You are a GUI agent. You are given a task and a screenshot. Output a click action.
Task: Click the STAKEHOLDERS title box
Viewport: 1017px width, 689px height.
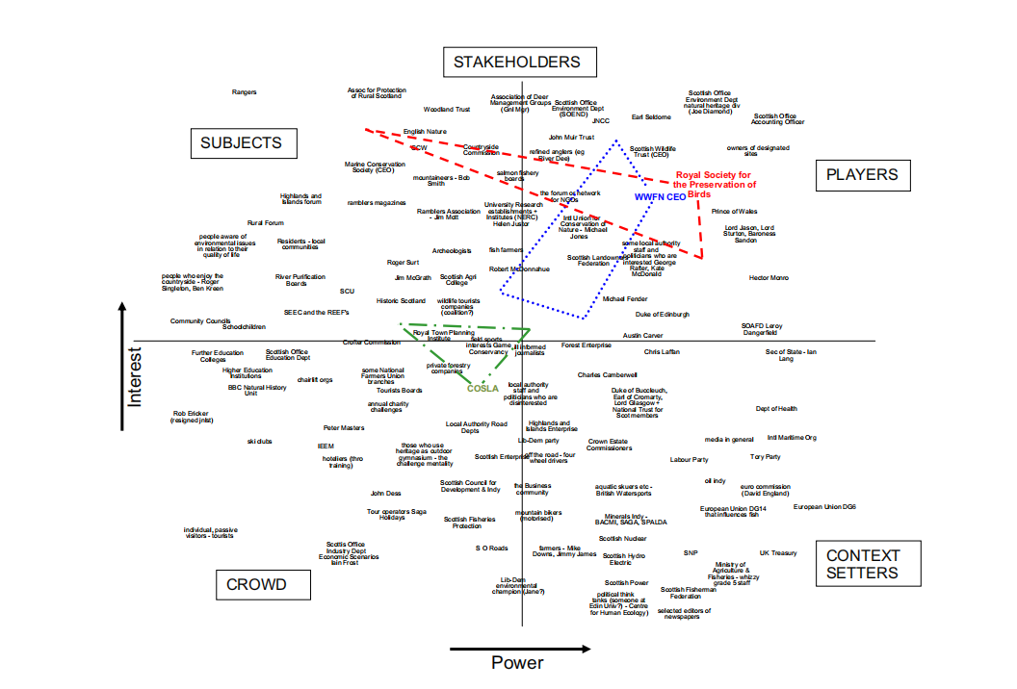tap(517, 63)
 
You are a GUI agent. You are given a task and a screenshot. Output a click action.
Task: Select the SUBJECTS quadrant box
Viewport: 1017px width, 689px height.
tap(242, 143)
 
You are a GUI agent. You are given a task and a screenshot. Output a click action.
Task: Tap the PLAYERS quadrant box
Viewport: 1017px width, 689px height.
tap(862, 174)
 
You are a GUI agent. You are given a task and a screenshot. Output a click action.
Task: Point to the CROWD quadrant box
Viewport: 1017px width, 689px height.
tap(256, 584)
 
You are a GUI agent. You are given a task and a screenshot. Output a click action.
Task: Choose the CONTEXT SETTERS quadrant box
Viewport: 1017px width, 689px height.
tap(863, 564)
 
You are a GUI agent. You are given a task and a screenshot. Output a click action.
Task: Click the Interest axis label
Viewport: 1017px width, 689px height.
tap(134, 377)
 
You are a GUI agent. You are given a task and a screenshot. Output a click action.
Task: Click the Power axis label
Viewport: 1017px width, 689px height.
tap(517, 662)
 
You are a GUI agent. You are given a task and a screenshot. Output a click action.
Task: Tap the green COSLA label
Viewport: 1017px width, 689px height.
tap(482, 389)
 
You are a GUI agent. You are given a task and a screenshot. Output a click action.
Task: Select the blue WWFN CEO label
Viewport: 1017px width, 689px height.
tap(660, 196)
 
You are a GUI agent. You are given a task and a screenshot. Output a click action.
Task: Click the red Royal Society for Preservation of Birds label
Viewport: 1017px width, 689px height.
tap(715, 184)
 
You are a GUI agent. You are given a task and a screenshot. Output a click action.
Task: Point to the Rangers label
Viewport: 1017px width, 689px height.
tap(245, 92)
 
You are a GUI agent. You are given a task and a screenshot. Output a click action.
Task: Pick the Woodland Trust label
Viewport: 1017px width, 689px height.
tap(447, 110)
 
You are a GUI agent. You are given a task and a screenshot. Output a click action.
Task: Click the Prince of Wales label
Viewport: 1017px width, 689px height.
tap(734, 212)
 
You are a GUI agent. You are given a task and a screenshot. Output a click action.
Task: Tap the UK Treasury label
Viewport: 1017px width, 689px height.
tap(778, 553)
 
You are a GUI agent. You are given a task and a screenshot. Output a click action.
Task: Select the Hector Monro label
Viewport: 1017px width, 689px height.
tap(769, 278)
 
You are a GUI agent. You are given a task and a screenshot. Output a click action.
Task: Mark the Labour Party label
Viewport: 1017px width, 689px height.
tap(689, 460)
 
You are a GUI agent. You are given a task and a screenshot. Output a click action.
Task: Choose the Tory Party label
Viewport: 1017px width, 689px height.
tap(766, 457)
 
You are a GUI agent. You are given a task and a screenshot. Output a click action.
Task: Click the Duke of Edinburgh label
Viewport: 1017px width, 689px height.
tap(662, 315)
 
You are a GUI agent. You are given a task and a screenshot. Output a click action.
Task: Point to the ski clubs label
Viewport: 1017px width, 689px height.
tap(259, 441)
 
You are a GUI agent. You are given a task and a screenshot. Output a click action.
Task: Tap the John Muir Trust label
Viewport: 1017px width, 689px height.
tap(571, 138)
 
